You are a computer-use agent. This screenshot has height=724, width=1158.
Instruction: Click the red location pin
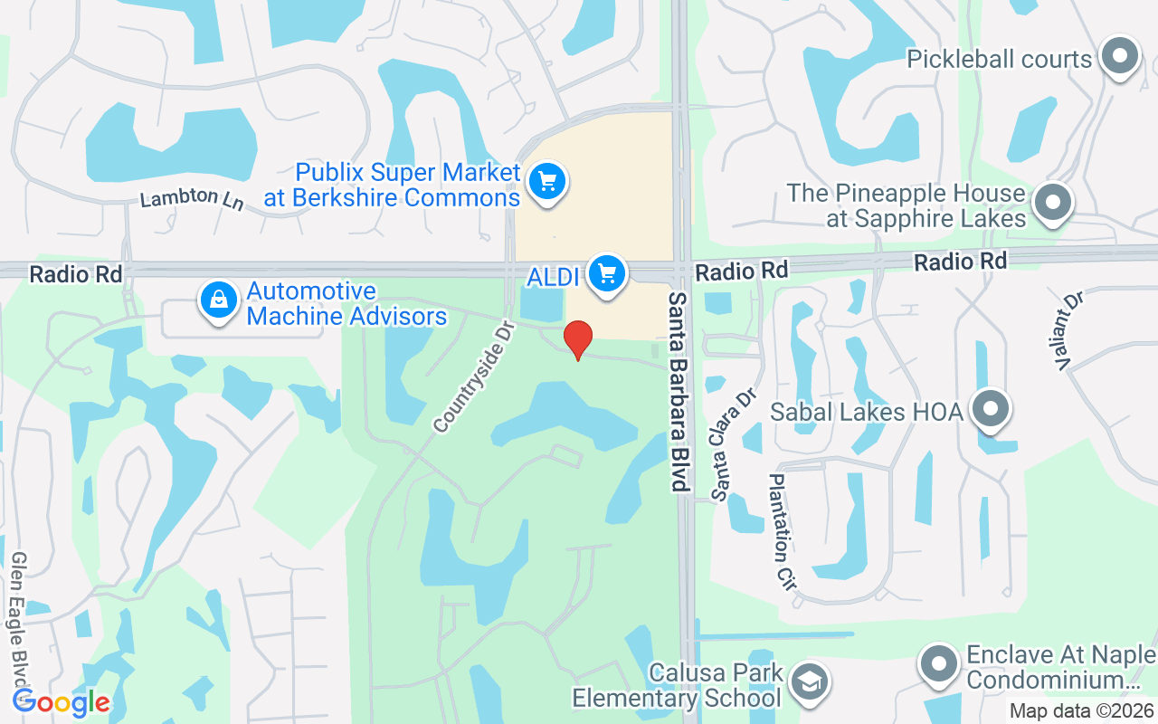578,339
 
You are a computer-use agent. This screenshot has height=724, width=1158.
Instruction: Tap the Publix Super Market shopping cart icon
546,182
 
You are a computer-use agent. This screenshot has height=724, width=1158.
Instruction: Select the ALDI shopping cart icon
606,272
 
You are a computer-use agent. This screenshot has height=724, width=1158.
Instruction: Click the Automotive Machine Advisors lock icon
219,300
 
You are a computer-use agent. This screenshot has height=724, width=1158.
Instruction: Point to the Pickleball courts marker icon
1120,56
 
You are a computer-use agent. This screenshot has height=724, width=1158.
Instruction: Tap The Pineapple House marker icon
1052,203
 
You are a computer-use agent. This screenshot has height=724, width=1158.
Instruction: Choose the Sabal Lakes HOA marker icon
991,409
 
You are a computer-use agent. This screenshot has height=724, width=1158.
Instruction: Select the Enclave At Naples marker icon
938,664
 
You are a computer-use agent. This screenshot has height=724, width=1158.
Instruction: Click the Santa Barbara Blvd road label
679,391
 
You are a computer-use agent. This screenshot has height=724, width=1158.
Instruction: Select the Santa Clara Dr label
733,444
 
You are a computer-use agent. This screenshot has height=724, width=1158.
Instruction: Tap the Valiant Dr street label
1068,330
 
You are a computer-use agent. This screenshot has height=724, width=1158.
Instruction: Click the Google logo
61,701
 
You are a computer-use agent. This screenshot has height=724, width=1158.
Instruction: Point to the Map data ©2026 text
1080,710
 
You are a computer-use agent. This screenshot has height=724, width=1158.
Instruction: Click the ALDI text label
553,277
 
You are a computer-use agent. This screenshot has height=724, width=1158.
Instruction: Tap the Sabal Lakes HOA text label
866,412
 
